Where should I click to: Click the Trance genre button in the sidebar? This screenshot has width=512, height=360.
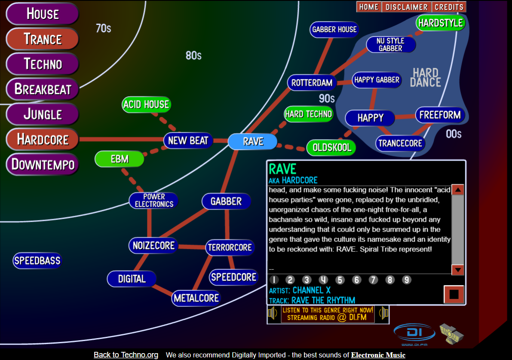point(42,39)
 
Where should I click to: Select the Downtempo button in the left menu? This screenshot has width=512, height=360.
point(42,165)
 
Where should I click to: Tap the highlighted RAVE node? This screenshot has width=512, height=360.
point(253,141)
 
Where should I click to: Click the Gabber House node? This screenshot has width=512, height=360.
point(334,30)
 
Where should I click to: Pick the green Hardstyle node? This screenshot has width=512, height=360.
point(440,23)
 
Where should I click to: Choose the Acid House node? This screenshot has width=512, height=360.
point(146,104)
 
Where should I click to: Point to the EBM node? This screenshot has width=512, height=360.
point(120,159)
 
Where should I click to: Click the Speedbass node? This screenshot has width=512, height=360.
point(37,260)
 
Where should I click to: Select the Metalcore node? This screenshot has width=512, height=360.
point(196,298)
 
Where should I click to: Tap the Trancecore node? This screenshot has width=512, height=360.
point(400,143)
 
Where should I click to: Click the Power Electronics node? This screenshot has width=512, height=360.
point(153,201)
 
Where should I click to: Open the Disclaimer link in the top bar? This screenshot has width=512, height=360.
point(406,7)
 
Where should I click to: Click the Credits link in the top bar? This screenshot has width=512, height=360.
point(449,7)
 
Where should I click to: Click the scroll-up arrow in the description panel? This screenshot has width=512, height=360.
point(458,190)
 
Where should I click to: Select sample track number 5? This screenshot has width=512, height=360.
point(340,280)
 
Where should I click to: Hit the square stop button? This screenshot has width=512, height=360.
point(454,295)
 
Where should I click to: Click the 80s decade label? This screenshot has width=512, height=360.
point(193,55)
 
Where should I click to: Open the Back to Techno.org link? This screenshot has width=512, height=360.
point(126,355)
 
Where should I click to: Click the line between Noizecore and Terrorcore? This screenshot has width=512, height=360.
point(192,247)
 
